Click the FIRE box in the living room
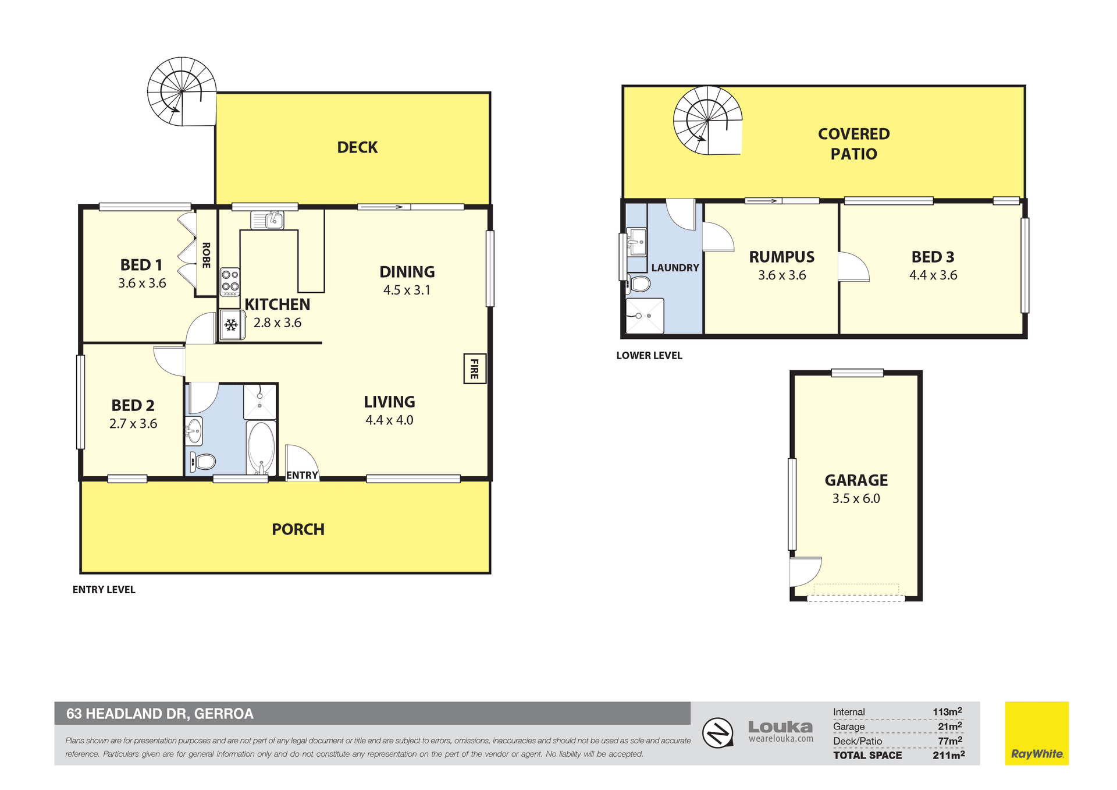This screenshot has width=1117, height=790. click(475, 369)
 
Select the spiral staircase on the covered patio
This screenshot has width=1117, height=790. click(708, 121)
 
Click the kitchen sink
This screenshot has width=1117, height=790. click(268, 220)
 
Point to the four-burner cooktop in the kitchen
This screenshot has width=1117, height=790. click(230, 281)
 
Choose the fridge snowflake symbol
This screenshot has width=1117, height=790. click(231, 325)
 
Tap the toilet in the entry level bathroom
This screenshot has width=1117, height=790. click(203, 462)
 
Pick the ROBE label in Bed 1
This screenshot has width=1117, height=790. click(206, 255)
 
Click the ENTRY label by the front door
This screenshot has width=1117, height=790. click(302, 475)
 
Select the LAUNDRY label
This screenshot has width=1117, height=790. click(675, 268)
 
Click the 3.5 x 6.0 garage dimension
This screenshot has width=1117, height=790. click(856, 498)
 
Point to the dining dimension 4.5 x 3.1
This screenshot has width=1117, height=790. click(407, 290)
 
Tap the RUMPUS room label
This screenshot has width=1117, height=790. click(781, 257)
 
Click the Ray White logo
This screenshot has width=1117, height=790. click(1037, 733)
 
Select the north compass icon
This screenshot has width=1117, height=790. click(717, 732)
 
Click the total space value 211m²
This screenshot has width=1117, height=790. click(948, 755)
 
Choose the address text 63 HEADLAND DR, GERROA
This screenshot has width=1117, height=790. click(160, 714)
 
